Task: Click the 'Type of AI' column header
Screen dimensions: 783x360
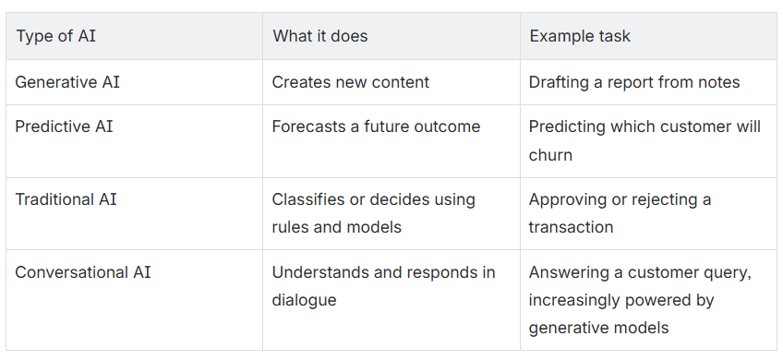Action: (56, 36)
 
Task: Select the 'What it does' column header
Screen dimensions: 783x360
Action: (320, 36)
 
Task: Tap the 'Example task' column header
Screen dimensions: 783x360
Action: (580, 36)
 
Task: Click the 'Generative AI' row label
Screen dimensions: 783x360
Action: (67, 82)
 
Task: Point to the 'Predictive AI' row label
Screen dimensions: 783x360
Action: (64, 126)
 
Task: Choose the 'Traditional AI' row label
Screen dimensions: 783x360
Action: (66, 199)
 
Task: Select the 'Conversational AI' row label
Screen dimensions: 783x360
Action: (83, 272)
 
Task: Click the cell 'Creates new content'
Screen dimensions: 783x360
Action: (351, 82)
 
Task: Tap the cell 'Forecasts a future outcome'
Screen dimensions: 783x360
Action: (376, 126)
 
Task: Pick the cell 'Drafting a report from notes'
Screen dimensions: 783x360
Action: (634, 82)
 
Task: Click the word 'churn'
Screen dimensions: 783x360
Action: (550, 155)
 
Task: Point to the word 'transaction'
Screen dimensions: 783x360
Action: (571, 227)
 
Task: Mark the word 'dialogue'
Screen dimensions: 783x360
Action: (304, 300)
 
